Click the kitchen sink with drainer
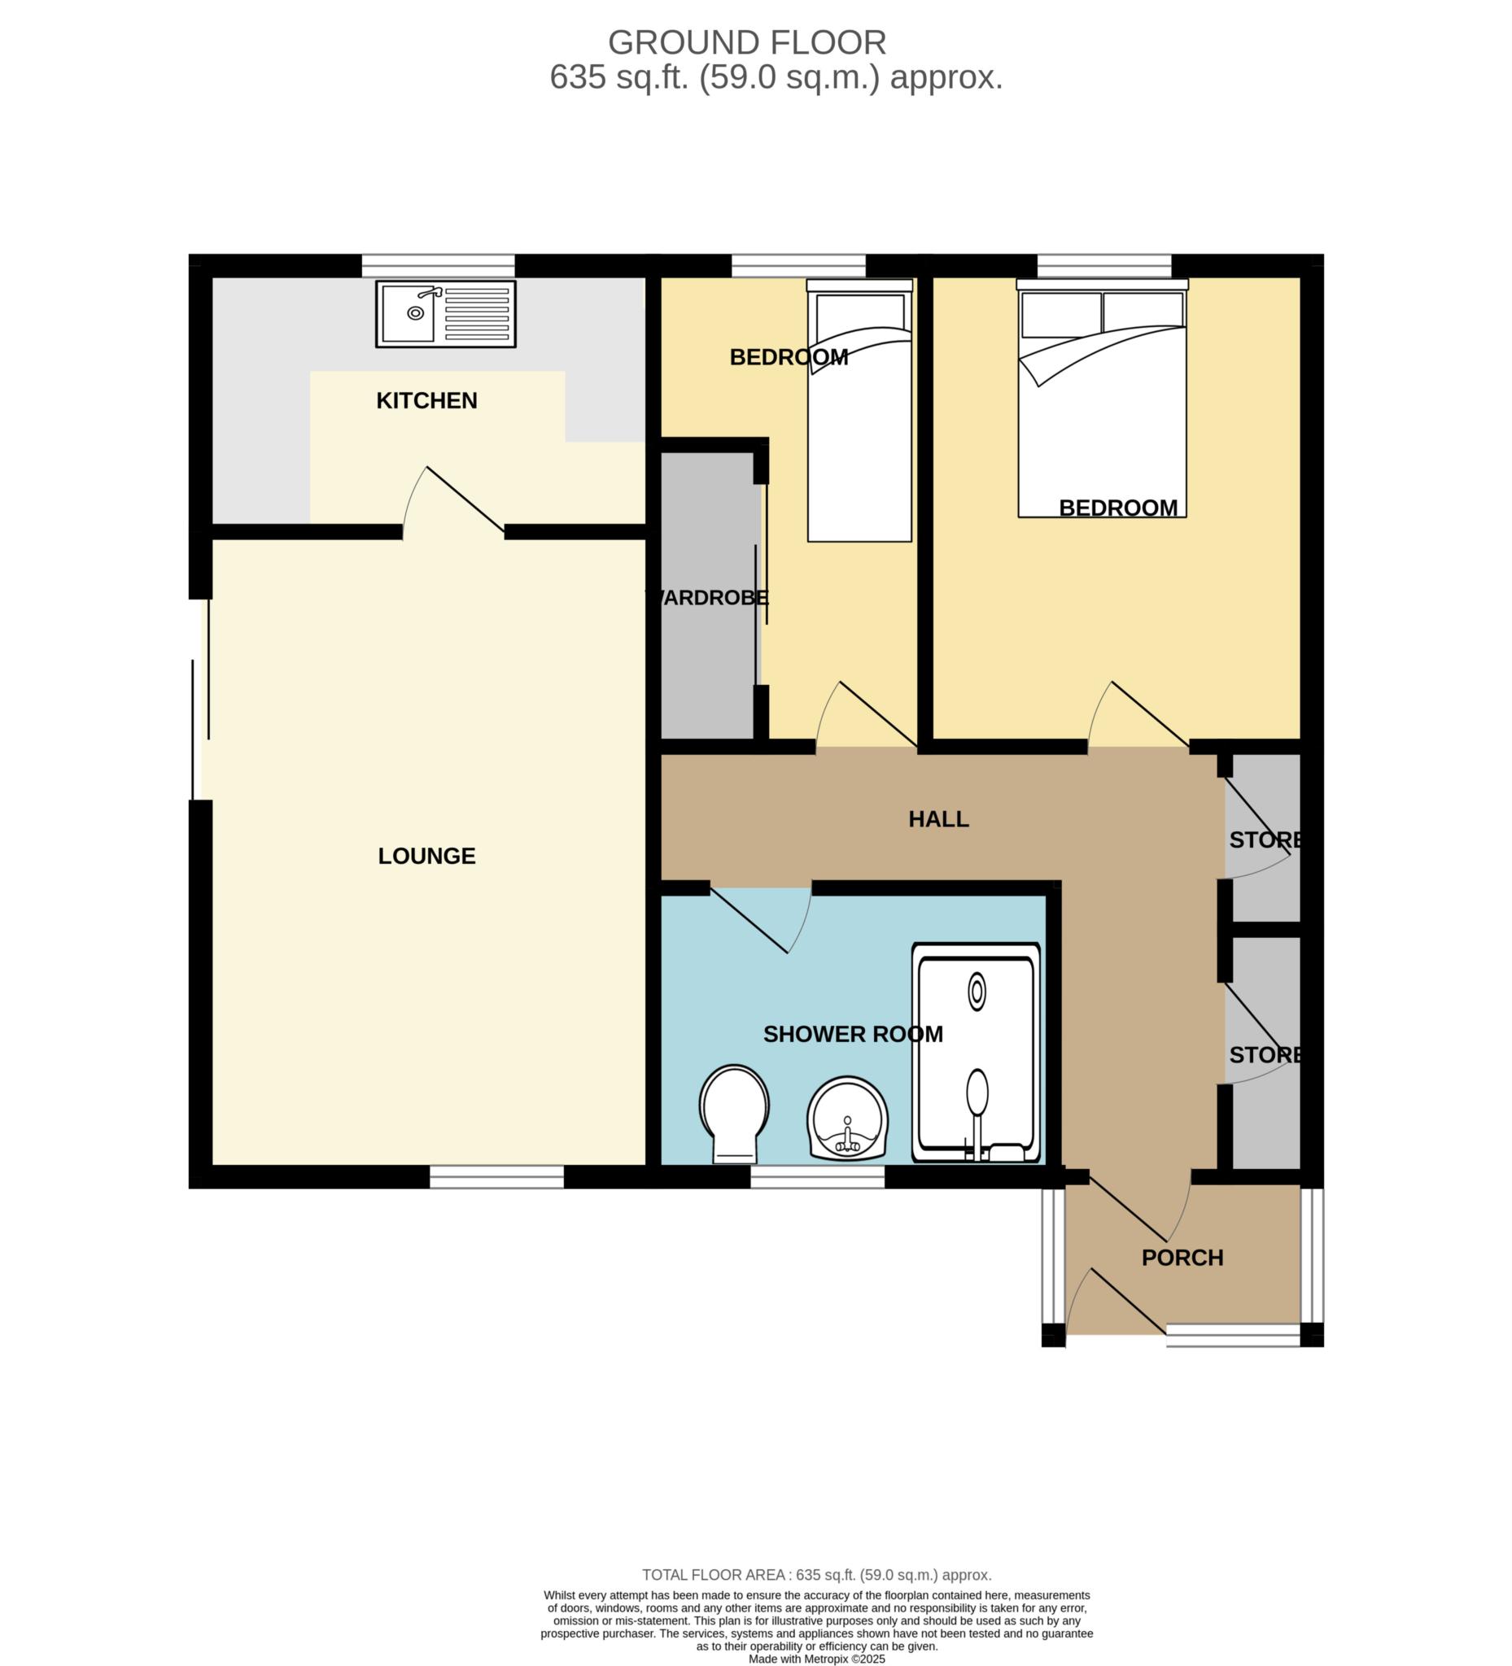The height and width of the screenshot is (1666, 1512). click(446, 313)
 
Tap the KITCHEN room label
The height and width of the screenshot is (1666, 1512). click(426, 401)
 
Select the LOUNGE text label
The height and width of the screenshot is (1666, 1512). click(426, 856)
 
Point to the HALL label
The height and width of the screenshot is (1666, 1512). click(938, 819)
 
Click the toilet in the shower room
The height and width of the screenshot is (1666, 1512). click(734, 1113)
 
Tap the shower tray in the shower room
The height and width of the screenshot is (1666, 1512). click(976, 1053)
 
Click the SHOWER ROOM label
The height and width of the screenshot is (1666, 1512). click(852, 1035)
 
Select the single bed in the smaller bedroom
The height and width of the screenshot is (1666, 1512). click(859, 411)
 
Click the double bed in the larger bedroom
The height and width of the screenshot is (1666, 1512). click(1102, 399)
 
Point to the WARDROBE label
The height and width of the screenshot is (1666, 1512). click(707, 597)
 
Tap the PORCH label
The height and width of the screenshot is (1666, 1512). click(1182, 1258)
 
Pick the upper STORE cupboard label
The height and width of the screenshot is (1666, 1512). click(1265, 840)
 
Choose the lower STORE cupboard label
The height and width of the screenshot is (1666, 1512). click(1265, 1055)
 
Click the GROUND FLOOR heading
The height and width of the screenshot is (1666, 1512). click(747, 42)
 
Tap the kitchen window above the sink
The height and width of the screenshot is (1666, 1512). click(438, 265)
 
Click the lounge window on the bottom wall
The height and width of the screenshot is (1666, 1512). click(497, 1177)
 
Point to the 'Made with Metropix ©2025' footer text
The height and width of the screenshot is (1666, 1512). click(817, 1659)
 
